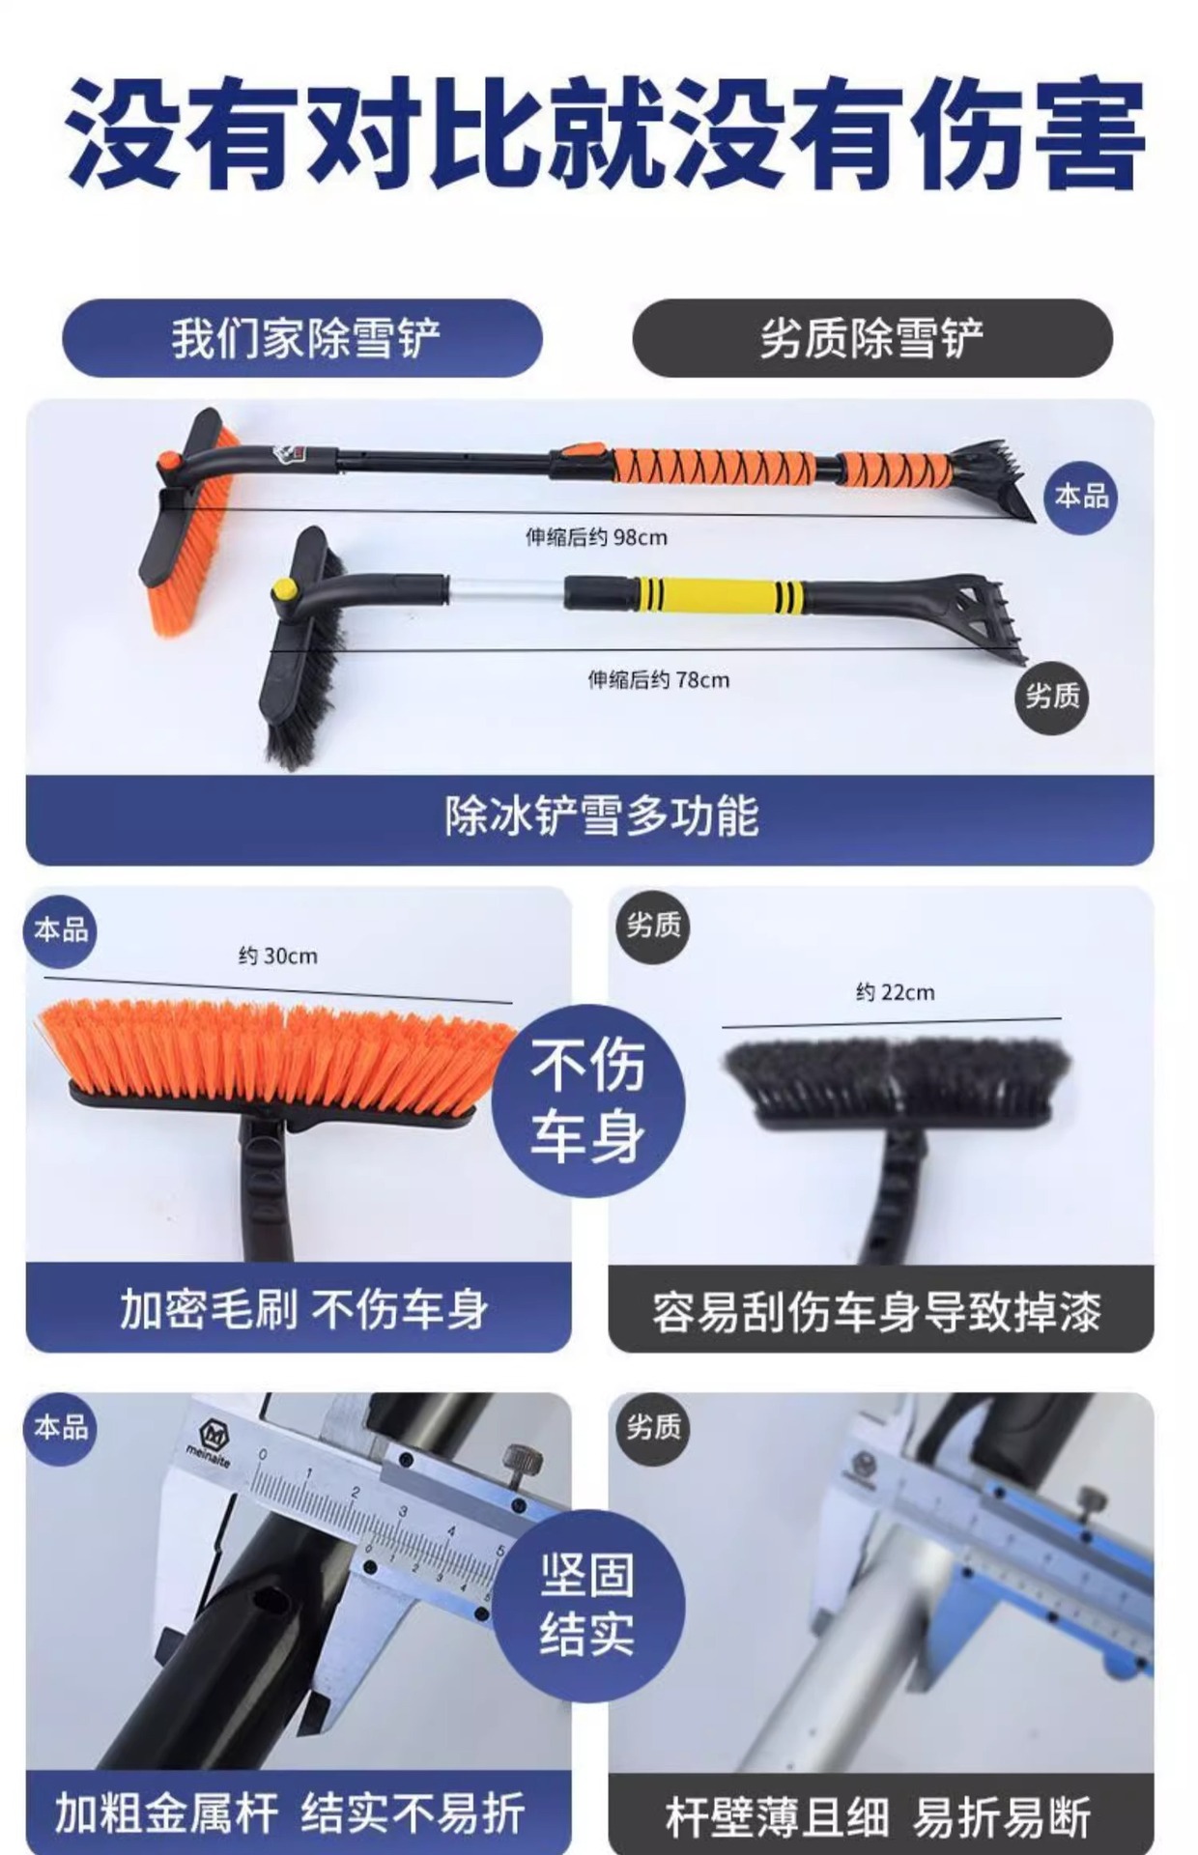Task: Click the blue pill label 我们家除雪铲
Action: [x=302, y=338]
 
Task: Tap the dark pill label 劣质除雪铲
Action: [x=872, y=338]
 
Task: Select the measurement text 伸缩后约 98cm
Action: [x=596, y=537]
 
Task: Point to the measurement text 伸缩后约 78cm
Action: [x=659, y=680]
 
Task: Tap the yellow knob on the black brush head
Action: [x=283, y=588]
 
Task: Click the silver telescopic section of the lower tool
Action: [x=506, y=591]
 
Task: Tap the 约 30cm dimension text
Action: [x=278, y=956]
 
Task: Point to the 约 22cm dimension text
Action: [x=896, y=992]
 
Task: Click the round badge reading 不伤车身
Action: [x=588, y=1100]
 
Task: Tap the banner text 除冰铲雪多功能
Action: [x=601, y=816]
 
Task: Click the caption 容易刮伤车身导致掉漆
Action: [x=876, y=1312]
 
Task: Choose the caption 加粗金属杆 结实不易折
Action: [x=290, y=1812]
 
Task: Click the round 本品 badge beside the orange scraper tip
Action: [x=1081, y=497]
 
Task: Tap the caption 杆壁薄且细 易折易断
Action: [x=878, y=1817]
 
